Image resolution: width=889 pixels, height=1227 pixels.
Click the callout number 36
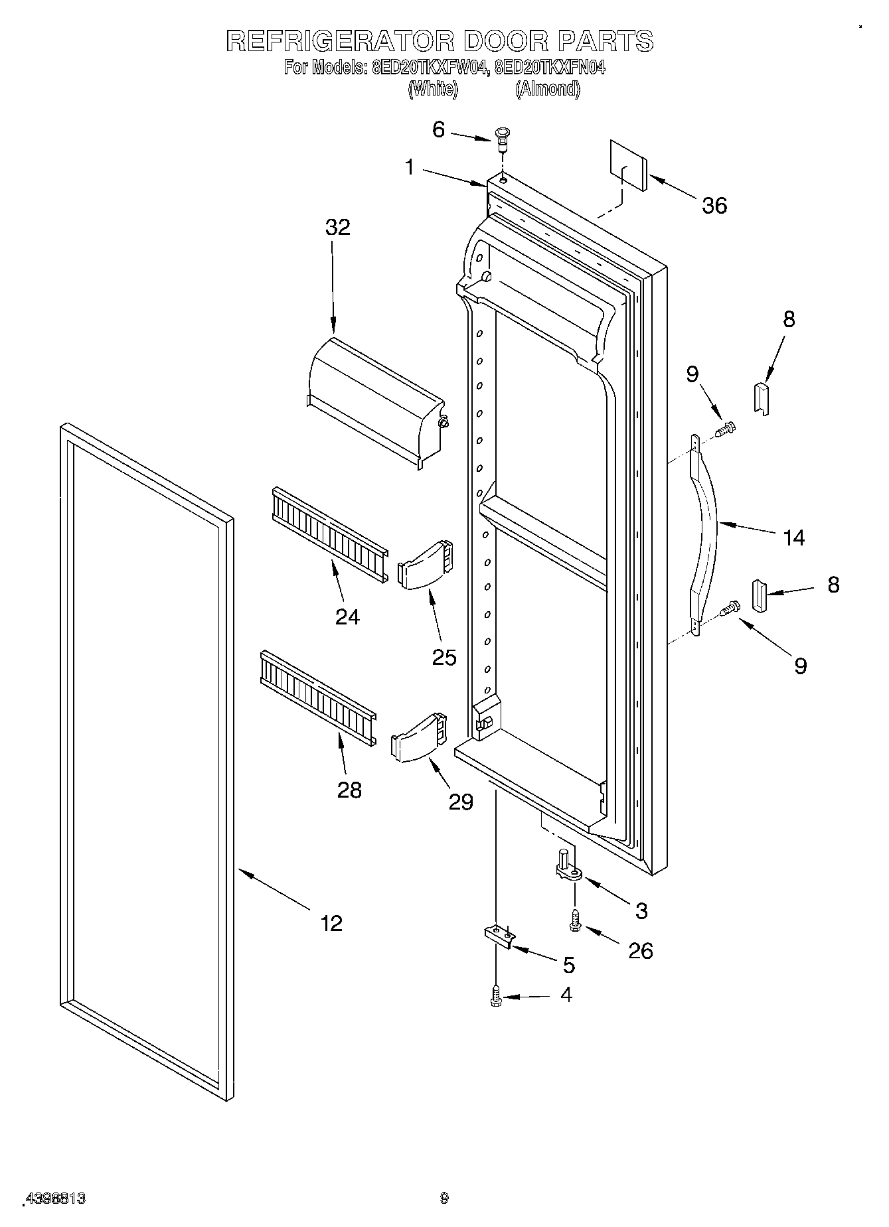pos(714,206)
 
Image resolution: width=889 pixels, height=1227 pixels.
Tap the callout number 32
pos(337,228)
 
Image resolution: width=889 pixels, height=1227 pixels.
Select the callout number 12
pos(331,922)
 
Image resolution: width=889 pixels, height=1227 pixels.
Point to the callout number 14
pos(793,538)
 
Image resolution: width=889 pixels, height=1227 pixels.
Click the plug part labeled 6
pos(503,137)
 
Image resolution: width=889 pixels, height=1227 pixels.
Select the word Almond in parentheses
pos(548,89)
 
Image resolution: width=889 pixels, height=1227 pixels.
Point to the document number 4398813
pos(56,1198)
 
